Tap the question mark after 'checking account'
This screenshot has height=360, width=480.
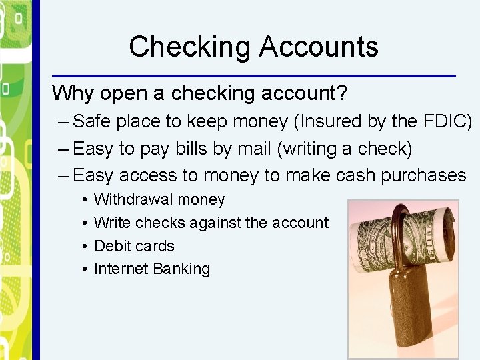(343, 93)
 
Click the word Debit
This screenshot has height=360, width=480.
(114, 246)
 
